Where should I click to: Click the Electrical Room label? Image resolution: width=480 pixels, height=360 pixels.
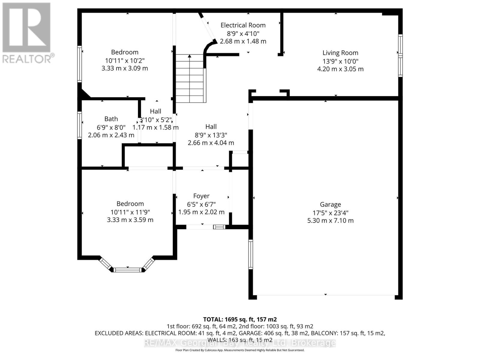pos(243,25)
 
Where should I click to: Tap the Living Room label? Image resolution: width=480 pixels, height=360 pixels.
pos(340,53)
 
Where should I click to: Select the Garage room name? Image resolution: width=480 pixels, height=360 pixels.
pos(330,204)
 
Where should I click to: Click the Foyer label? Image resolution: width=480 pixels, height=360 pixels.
pos(201,196)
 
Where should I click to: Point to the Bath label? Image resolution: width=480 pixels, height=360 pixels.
pos(111,119)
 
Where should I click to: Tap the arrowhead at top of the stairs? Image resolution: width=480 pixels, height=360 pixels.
pos(189,56)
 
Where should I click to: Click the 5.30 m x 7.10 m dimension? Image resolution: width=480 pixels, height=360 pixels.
pos(330,220)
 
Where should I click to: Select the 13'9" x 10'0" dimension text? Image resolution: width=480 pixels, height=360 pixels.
pos(340,61)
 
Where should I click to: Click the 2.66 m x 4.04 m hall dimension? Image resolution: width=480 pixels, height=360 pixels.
pos(211,143)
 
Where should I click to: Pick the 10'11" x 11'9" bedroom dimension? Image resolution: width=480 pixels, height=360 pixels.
pos(130,212)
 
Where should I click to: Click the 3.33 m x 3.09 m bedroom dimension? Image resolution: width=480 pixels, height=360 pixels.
pos(125,68)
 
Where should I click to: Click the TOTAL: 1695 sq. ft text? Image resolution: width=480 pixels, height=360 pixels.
pos(240,319)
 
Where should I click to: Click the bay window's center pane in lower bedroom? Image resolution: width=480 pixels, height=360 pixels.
pos(128,270)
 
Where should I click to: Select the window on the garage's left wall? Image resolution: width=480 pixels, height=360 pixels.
pos(250,254)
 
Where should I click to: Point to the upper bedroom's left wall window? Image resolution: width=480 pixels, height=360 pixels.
pos(79,64)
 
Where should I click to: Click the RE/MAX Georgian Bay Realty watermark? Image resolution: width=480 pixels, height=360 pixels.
pos(240,343)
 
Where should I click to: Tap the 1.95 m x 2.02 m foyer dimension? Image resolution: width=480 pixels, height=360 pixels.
pos(201,212)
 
